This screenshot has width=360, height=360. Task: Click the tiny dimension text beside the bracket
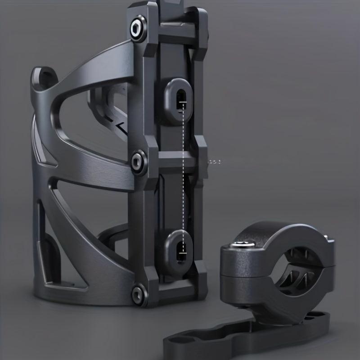tap(215, 160)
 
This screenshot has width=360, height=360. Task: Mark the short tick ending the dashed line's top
tap(183, 103)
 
